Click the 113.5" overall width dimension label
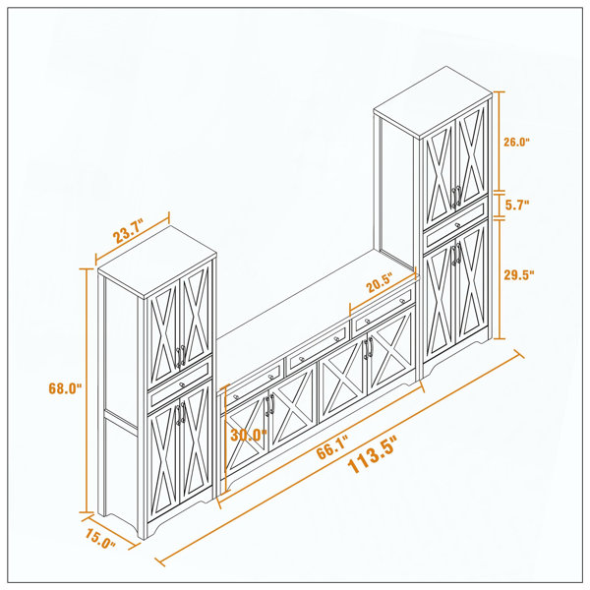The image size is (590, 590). pyautogui.click(x=372, y=455)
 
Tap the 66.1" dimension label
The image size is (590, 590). pyautogui.click(x=332, y=447)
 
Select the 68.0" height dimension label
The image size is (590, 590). pyautogui.click(x=65, y=388)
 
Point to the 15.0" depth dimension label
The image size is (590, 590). pyautogui.click(x=100, y=539)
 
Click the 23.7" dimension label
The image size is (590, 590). pyautogui.click(x=128, y=233)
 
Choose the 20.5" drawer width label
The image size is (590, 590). pyautogui.click(x=380, y=283)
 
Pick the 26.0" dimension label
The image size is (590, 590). pyautogui.click(x=517, y=142)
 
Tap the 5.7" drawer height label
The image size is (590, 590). pyautogui.click(x=517, y=206)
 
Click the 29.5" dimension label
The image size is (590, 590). pyautogui.click(x=519, y=274)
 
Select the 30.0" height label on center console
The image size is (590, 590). pyautogui.click(x=249, y=435)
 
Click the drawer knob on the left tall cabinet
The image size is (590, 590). pyautogui.click(x=182, y=384)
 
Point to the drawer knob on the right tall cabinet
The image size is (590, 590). pyautogui.click(x=457, y=225)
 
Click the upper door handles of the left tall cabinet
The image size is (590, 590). pyautogui.click(x=181, y=356)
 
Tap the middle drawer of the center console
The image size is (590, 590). pyautogui.click(x=319, y=349)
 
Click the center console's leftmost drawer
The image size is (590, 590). pyautogui.click(x=255, y=383)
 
